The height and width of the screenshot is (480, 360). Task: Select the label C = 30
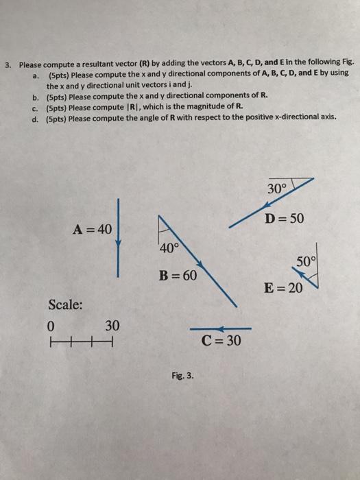221,339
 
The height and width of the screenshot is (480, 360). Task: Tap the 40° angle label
167,249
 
